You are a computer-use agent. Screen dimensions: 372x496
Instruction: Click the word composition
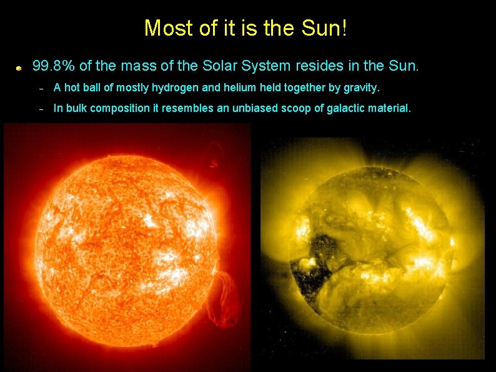pyautogui.click(x=123, y=109)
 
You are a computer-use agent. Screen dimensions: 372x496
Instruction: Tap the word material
pyautogui.click(x=389, y=109)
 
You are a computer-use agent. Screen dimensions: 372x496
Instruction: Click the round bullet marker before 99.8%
pyautogui.click(x=20, y=66)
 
